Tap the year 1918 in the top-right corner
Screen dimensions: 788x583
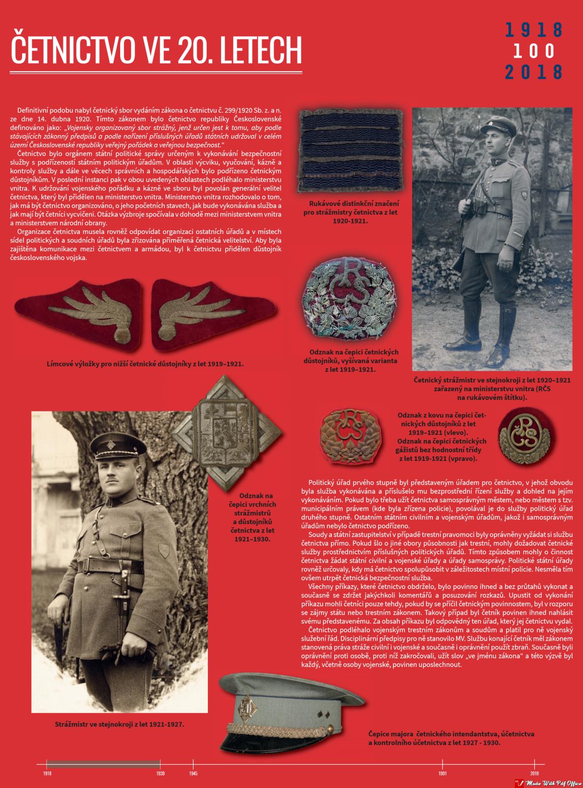pos(534,30)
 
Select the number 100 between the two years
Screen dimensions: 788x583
pos(534,51)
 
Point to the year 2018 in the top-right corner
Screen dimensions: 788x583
pos(534,72)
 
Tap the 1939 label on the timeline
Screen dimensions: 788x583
pos(161,774)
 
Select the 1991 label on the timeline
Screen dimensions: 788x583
pos(443,774)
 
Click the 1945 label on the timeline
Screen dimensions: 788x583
pos(193,774)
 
